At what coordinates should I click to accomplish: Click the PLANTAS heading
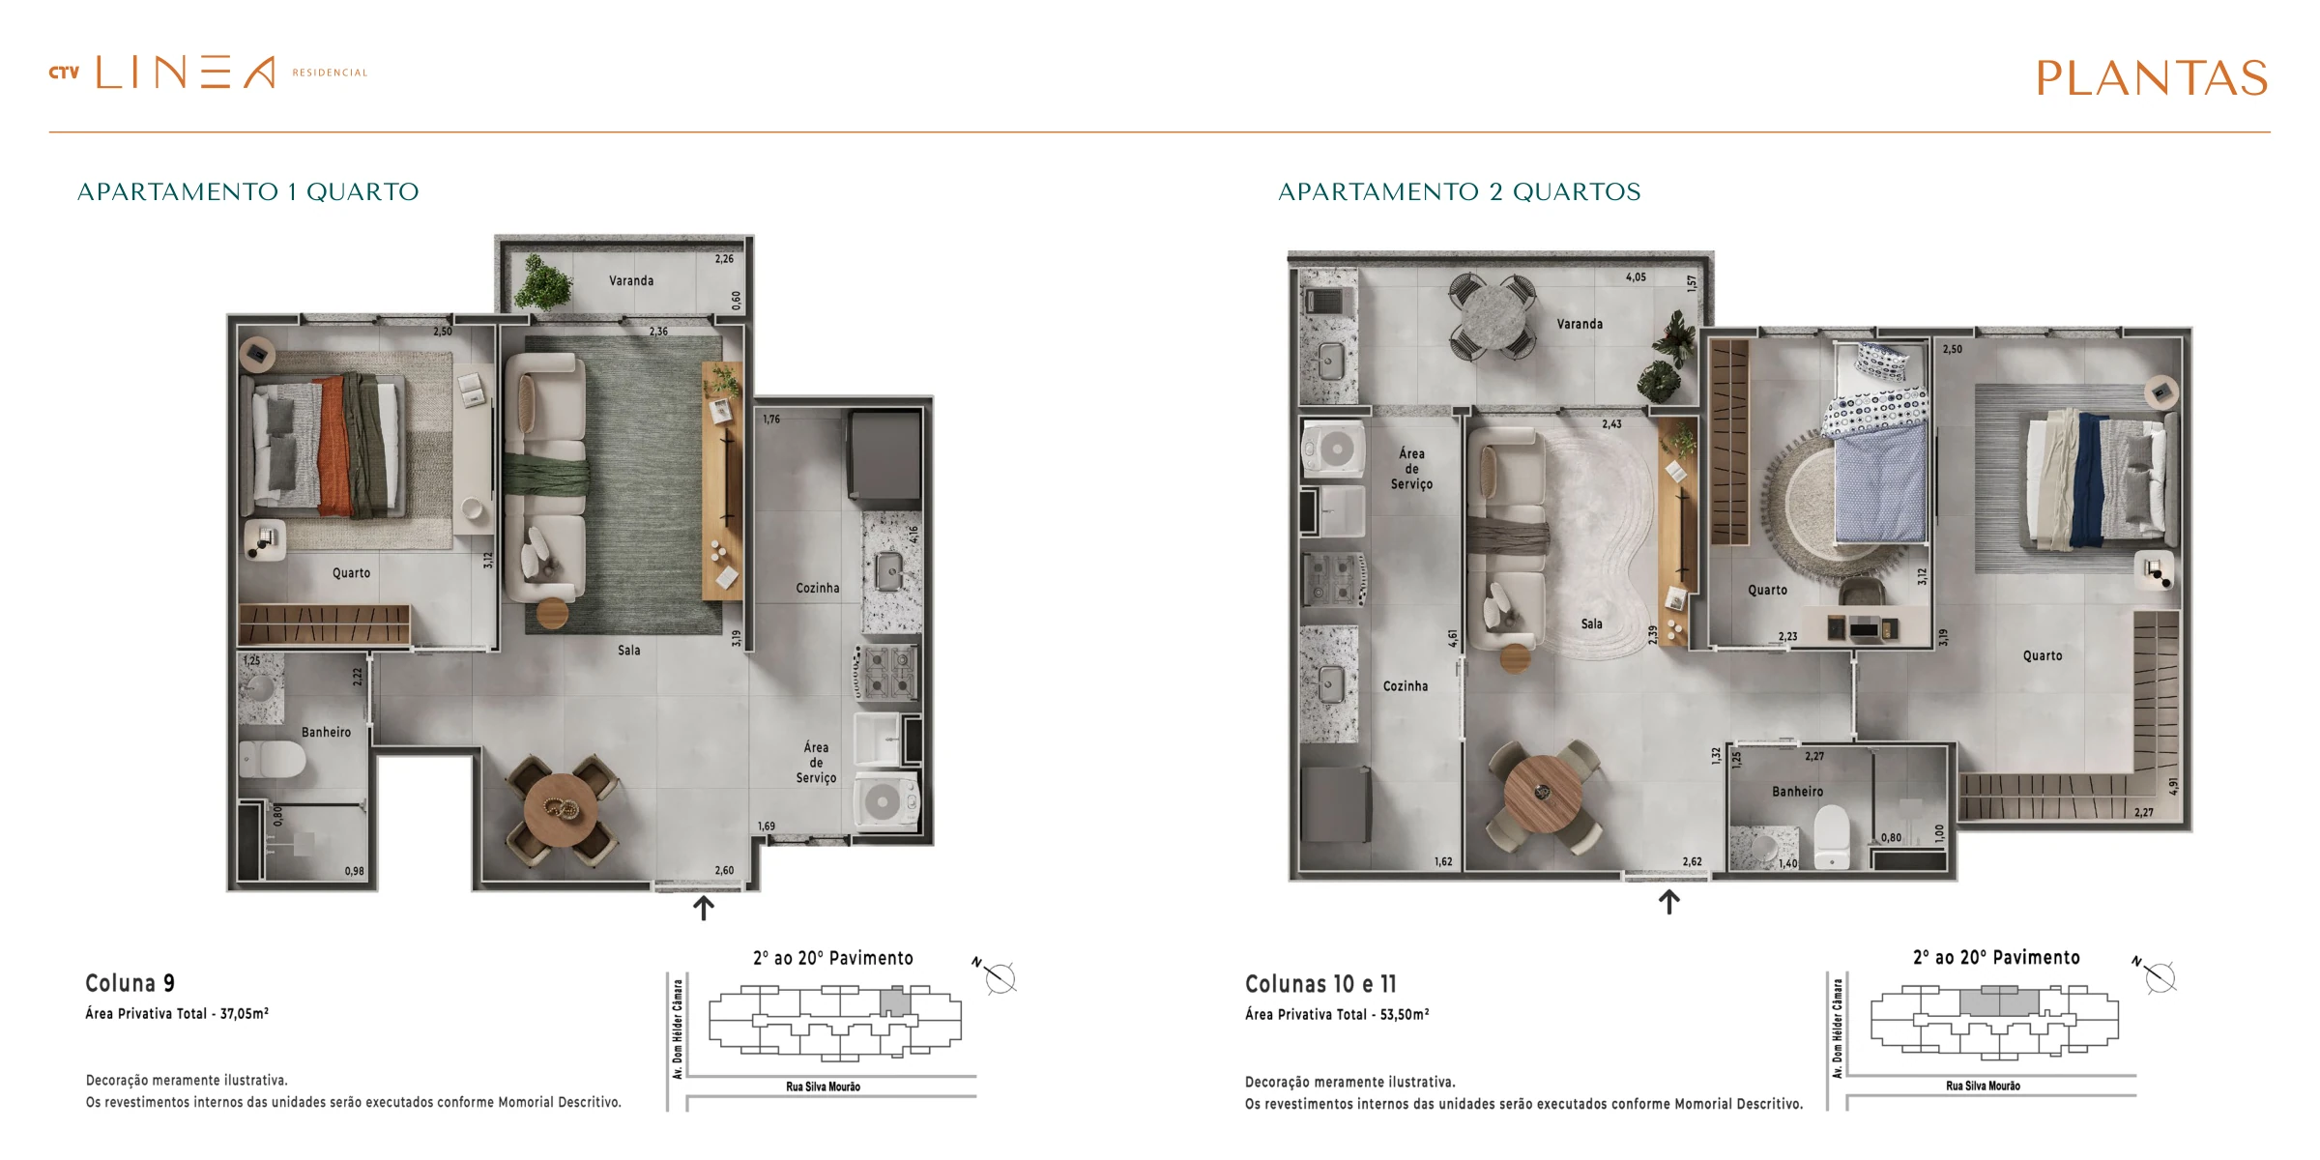[2152, 78]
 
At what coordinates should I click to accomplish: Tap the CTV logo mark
[64, 72]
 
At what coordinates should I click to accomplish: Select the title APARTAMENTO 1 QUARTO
[248, 191]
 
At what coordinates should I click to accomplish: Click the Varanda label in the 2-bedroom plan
[1580, 324]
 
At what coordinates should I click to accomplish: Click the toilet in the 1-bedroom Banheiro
[273, 759]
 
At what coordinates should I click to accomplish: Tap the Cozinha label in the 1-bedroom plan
[818, 588]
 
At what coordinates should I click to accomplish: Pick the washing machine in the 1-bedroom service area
[885, 801]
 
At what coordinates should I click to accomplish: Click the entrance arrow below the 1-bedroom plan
[704, 908]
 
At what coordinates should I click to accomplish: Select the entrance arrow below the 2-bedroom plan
[1669, 902]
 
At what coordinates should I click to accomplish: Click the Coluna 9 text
[130, 983]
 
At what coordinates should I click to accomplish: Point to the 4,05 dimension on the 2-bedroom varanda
[1636, 277]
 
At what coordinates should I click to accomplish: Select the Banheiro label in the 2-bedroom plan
[1798, 792]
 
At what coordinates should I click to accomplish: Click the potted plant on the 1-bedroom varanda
[543, 282]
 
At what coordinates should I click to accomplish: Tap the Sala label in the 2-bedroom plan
[1592, 624]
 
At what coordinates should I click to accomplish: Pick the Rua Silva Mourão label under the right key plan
[1984, 1087]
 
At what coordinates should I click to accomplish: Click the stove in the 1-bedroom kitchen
[887, 672]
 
